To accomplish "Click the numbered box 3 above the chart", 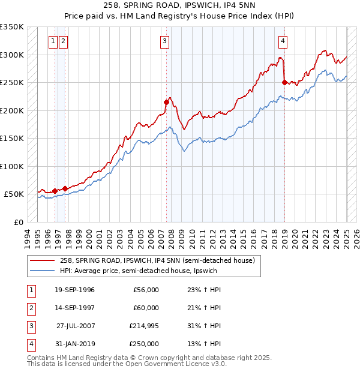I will coord(164,41).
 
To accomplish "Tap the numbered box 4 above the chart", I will coord(283,41).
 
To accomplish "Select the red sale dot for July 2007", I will coord(166,102).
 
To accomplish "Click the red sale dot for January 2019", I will coord(284,83).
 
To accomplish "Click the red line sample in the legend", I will coord(43,260).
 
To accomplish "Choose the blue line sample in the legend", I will coord(43,271).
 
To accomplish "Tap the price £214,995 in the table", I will coord(144,326).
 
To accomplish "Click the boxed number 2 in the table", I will coord(30,308).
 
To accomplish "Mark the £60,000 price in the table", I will coord(146,308).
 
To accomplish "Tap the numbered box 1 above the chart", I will coord(53,41).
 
